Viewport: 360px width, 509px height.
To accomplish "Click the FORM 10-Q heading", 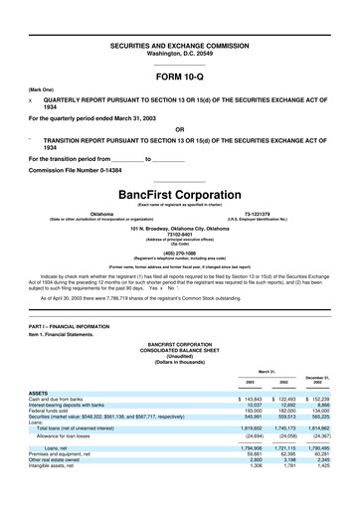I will (179, 75).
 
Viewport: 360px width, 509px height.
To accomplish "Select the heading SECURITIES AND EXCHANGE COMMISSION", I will (179, 46).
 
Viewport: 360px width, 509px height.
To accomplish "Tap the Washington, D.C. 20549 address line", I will (179, 53).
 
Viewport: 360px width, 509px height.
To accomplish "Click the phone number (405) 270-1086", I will (179, 254).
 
